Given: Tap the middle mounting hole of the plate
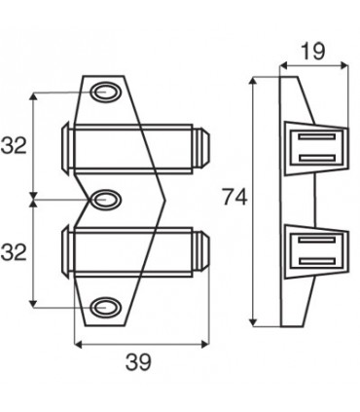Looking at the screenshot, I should click(105, 200).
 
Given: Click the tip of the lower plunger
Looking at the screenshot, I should click(206, 250).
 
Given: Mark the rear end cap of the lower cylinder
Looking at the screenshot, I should click(67, 251).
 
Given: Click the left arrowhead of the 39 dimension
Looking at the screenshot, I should click(79, 344).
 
